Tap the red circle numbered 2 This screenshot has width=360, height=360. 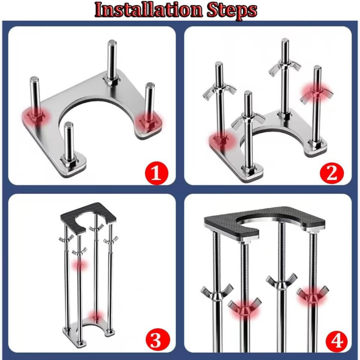[331, 173]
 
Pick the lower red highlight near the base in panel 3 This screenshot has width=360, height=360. [96, 316]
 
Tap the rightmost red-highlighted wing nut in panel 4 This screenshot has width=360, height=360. [312, 294]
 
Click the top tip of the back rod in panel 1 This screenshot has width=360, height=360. [112, 43]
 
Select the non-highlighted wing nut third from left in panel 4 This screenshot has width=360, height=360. [281, 281]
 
